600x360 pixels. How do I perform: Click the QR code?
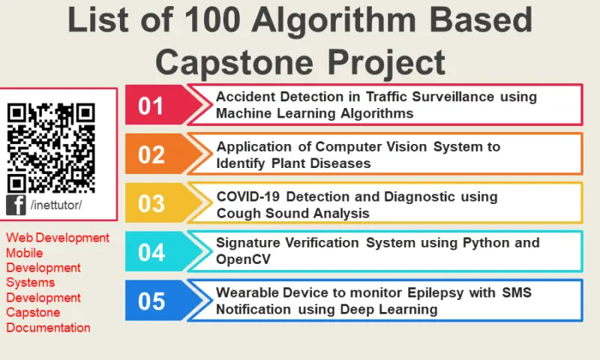tap(51, 147)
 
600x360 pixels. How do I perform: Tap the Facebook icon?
tap(16, 205)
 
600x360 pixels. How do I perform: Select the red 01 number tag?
tap(151, 105)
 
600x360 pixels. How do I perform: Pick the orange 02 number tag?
tap(151, 154)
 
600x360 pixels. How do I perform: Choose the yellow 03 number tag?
tap(151, 203)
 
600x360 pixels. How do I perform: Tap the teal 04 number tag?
tap(151, 252)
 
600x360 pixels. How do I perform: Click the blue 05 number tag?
tap(151, 301)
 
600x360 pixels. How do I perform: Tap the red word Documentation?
tap(48, 328)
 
